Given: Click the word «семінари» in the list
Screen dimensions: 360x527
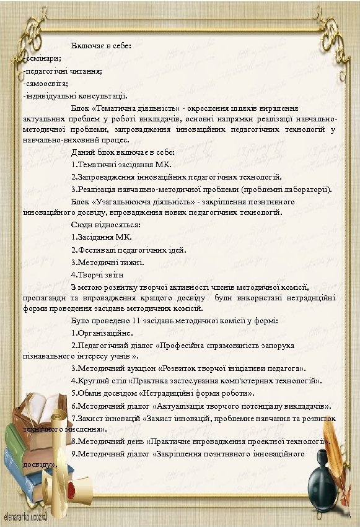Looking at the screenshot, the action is click(x=38, y=58).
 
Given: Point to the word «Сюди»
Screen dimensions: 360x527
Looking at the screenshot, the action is click(x=81, y=225).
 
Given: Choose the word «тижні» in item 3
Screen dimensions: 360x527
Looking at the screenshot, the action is click(x=133, y=262).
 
